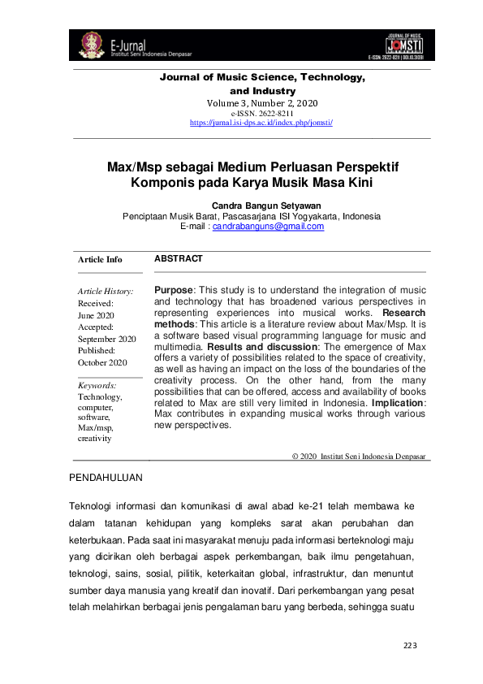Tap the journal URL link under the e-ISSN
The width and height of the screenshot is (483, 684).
[x=261, y=122]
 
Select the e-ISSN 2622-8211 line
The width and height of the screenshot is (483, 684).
[x=261, y=114]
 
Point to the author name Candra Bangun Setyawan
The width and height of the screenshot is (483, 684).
[x=252, y=206]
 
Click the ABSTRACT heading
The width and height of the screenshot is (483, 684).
[x=178, y=258]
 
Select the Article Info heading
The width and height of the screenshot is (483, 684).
[x=100, y=260]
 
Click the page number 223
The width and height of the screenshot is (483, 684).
[x=410, y=646]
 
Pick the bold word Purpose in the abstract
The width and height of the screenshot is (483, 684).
[x=173, y=290]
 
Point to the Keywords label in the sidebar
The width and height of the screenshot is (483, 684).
[x=97, y=385]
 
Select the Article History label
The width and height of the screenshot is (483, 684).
[x=106, y=291]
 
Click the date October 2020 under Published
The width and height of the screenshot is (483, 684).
[x=102, y=362]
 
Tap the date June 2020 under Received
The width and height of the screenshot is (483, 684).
[x=96, y=314]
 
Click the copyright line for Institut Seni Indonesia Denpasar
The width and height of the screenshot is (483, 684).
[x=359, y=457]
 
